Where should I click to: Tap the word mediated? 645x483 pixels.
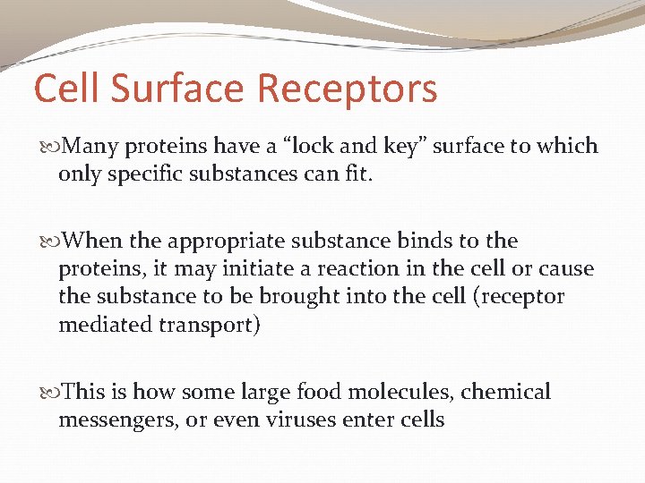point(104,324)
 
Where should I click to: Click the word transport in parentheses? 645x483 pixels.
point(210,325)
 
